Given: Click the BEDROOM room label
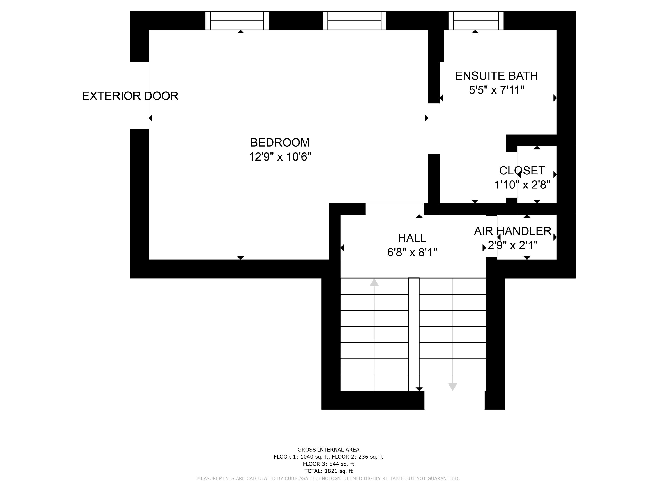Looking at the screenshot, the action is click(280, 143).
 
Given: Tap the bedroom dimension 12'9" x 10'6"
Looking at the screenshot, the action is click(280, 157).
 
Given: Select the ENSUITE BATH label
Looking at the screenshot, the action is click(496, 76).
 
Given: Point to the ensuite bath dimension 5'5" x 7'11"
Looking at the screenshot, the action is click(496, 90).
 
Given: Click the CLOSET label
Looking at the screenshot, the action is click(522, 171).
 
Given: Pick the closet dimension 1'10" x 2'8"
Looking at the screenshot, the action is click(522, 185).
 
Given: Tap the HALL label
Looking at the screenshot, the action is click(412, 238).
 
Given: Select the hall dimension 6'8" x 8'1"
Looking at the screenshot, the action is click(412, 252).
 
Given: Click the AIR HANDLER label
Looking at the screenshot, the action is click(512, 231).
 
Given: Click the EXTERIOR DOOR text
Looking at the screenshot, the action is click(130, 96).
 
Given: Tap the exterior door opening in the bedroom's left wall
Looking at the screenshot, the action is click(140, 95).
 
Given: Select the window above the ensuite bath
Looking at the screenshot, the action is click(476, 21).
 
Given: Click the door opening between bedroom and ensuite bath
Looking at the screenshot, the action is click(434, 129).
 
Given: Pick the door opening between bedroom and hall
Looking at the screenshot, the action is click(394, 209).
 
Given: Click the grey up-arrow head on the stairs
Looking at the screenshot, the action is click(374, 282).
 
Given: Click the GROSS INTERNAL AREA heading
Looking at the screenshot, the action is click(328, 450).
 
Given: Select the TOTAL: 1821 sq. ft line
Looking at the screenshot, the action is click(328, 471).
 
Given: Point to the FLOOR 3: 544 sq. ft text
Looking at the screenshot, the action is click(328, 464).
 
